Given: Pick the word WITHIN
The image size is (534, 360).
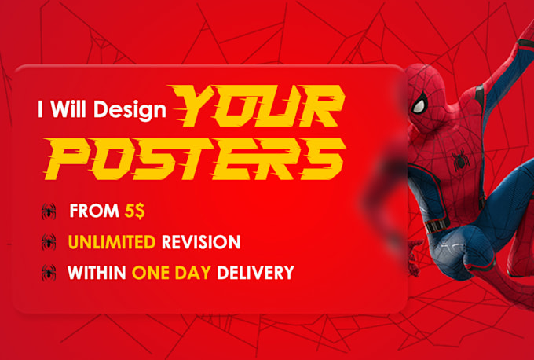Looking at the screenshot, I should (97, 273).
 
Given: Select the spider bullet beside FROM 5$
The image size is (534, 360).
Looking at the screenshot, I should (49, 211).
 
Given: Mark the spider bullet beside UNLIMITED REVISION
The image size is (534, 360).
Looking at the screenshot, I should (49, 242).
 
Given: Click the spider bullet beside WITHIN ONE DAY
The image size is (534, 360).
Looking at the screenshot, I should (49, 273).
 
